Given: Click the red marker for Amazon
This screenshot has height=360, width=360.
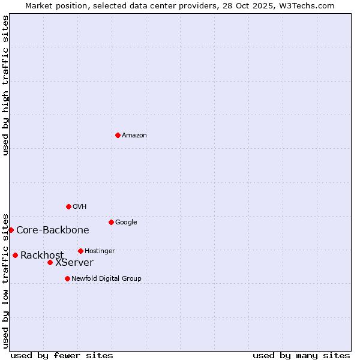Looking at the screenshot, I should (118, 135).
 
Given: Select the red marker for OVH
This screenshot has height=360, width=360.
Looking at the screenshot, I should (68, 206).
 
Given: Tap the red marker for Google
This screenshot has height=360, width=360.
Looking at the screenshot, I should (111, 222).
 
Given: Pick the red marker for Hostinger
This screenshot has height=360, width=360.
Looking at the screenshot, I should (80, 251).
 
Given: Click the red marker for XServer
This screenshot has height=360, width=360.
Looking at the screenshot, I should (50, 262).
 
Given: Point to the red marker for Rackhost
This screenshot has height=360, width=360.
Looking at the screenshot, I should (15, 255).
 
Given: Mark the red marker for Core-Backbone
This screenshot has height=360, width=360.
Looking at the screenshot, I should (11, 230).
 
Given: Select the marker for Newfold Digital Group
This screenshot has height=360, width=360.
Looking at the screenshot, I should (67, 278).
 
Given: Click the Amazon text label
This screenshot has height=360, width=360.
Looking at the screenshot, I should (134, 136).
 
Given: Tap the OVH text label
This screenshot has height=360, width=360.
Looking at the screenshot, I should (80, 207).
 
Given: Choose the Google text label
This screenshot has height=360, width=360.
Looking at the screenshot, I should (126, 223).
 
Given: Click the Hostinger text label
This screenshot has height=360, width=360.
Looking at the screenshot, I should (100, 251).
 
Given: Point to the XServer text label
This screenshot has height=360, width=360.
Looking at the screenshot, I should (74, 263).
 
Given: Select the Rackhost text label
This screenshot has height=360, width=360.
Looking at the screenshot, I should (42, 256).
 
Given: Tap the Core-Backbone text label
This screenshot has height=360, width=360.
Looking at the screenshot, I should (53, 230).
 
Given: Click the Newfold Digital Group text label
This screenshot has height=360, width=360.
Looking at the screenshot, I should (106, 279).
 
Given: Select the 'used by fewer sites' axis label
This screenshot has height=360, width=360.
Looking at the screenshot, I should (62, 356).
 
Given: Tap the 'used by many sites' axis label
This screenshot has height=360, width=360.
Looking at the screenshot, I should (301, 356).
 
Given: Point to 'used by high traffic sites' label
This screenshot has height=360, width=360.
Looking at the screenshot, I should (6, 85).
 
